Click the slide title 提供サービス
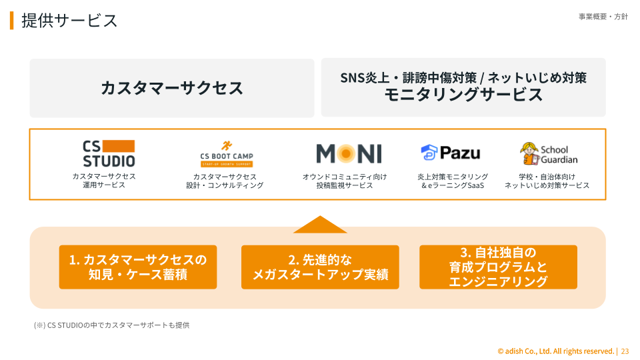69,20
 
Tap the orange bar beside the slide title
11,20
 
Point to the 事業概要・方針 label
603,17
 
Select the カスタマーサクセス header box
171,87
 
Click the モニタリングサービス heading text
463,95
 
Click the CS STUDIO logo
109,153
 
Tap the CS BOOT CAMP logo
226,154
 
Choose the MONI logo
349,154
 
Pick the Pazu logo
450,153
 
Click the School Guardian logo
549,154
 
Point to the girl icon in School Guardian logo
529,154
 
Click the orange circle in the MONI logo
347,154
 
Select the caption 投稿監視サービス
345,185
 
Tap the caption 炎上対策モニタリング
453,177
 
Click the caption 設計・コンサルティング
225,185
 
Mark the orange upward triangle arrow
320,225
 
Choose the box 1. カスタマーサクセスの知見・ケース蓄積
138,267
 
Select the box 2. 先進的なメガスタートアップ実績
320,267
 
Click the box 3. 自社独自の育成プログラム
498,267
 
